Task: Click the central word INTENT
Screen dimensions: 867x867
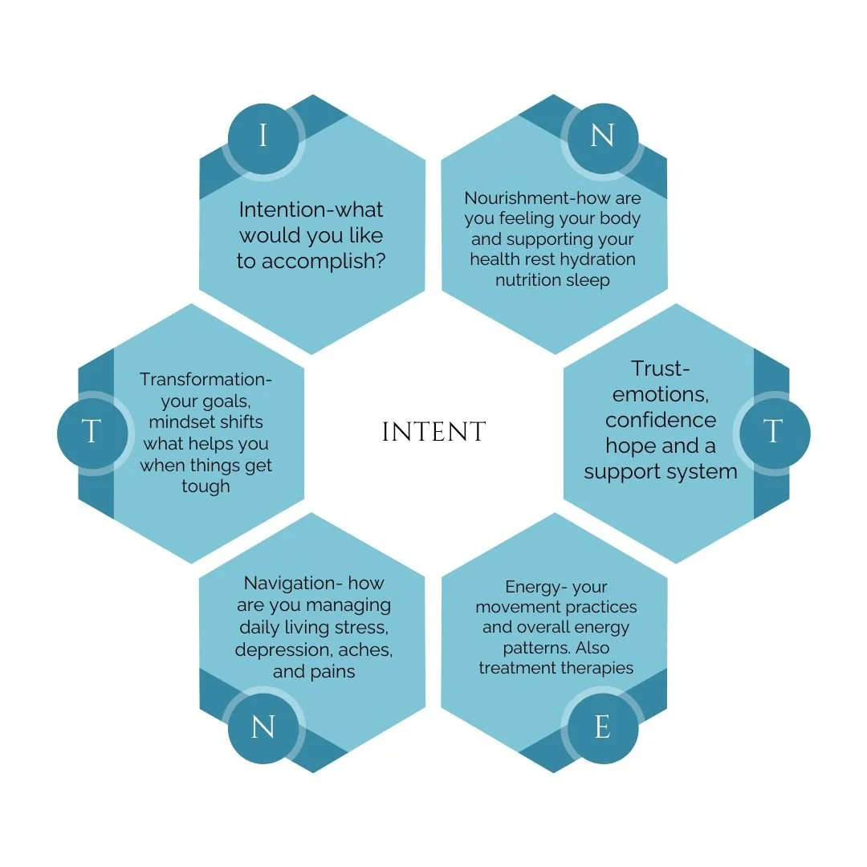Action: point(433,433)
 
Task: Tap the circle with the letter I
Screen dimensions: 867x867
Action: point(263,137)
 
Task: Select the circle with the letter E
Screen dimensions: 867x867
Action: point(602,728)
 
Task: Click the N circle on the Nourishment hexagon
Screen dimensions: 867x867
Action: point(602,137)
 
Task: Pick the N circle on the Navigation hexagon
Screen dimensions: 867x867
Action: point(263,728)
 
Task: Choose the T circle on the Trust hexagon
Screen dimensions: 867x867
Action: point(772,433)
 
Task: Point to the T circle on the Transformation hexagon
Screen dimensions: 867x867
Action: point(92,433)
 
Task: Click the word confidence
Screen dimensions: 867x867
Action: point(661,420)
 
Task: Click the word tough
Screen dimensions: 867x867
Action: point(206,486)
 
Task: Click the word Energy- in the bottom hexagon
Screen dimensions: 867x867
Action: point(534,587)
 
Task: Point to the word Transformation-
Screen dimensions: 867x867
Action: point(206,379)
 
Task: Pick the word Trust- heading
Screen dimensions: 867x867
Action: point(661,368)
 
